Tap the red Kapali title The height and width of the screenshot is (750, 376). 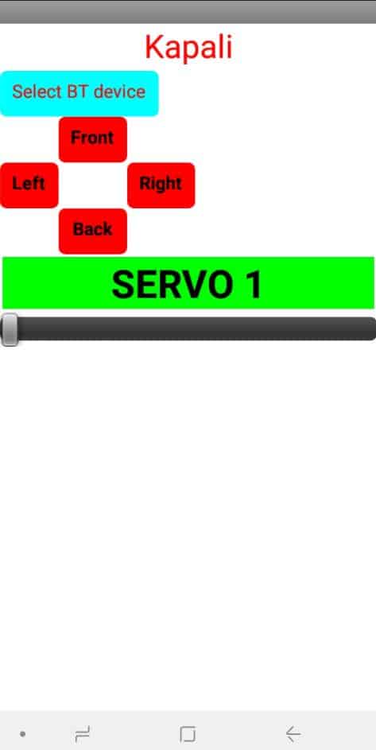[188, 48]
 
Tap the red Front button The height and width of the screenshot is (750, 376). [93, 139]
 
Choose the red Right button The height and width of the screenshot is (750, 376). [161, 185]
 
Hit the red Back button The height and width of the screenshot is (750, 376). [93, 231]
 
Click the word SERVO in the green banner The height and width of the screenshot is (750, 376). [170, 285]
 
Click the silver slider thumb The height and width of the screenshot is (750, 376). [10, 329]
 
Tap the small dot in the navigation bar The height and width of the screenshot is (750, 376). [22, 733]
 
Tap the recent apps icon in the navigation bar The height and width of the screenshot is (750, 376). [83, 733]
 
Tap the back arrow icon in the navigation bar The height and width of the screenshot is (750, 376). [293, 733]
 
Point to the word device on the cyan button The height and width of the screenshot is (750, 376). [119, 91]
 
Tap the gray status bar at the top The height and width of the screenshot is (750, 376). [188, 11]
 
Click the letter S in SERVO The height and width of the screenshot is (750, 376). [122, 285]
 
